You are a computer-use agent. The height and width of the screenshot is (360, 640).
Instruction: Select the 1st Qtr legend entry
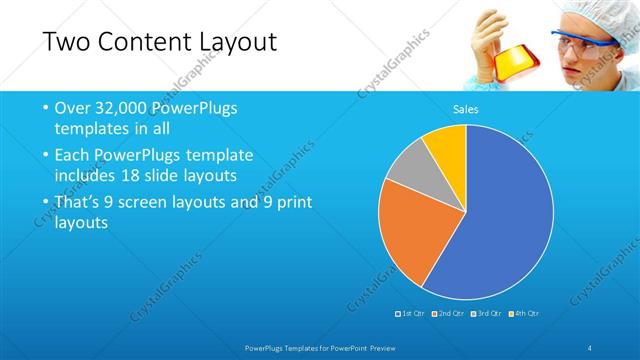(x=411, y=314)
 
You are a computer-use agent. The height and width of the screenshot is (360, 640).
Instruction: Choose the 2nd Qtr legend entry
(x=449, y=314)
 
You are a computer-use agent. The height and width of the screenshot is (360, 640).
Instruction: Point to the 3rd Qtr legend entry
(x=487, y=314)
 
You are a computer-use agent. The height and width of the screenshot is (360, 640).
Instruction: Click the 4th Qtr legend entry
(x=525, y=314)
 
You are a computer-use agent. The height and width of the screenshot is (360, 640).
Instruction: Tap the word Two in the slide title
(x=66, y=42)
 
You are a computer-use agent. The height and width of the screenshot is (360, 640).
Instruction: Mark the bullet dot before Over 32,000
(x=45, y=108)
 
